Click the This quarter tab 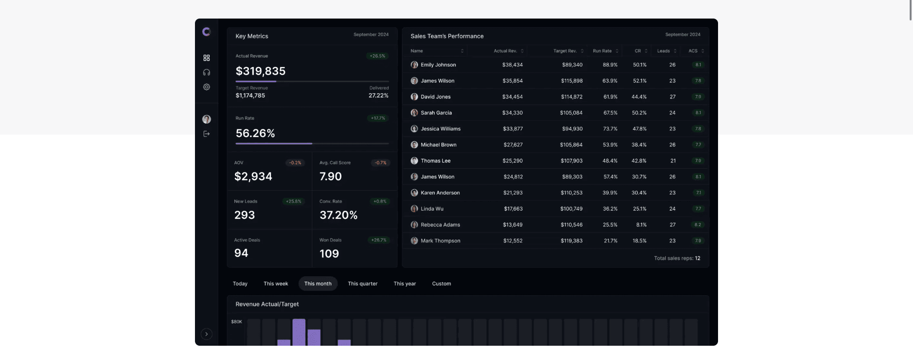click(362, 283)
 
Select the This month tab click(318, 283)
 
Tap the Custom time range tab click(441, 283)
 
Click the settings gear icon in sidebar click(206, 87)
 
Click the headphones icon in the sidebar click(206, 72)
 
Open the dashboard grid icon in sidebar click(206, 58)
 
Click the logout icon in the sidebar click(206, 134)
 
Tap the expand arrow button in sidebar click(206, 334)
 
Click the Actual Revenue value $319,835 click(261, 71)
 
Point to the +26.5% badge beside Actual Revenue click(378, 56)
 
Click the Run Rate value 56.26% click(255, 134)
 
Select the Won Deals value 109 click(329, 253)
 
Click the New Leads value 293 click(244, 215)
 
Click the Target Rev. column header click(565, 51)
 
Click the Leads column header click(663, 51)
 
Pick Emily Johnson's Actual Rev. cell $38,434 click(512, 65)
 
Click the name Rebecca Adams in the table click(440, 225)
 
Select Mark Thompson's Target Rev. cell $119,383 click(571, 241)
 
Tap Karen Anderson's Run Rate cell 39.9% click(610, 193)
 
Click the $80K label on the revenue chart click(236, 322)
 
